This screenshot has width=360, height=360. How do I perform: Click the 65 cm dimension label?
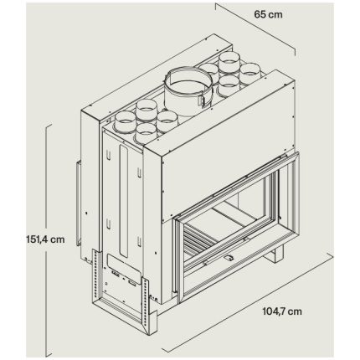coord(268,14)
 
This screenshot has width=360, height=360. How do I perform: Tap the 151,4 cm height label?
coord(45,239)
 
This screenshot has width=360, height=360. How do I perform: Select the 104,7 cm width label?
coord(282,311)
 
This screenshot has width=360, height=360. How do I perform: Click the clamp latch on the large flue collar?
coord(201,100)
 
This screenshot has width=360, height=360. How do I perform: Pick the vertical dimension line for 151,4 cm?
coord(47,240)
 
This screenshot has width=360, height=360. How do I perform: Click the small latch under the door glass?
coord(229,258)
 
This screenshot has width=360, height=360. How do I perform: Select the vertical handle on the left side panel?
coord(79,203)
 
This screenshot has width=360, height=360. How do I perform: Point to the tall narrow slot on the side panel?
coord(123,201)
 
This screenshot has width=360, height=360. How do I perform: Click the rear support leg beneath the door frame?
coord(276,254)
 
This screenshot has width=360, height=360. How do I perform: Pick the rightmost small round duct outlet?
coord(250,73)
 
